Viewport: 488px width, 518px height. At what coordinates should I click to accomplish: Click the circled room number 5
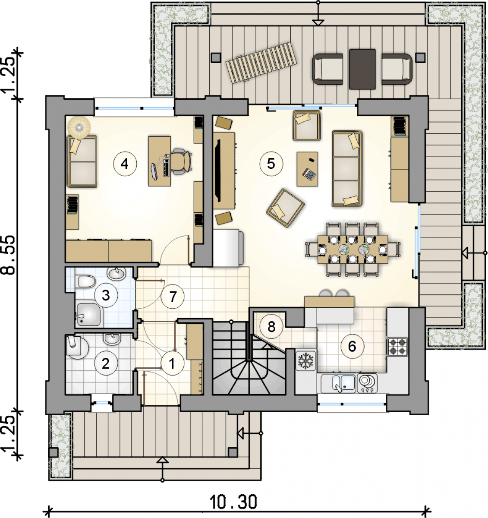[x=271, y=164]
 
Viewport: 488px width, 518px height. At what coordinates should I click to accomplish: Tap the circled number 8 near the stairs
[x=271, y=326]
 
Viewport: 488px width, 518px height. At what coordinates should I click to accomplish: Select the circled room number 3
[x=106, y=296]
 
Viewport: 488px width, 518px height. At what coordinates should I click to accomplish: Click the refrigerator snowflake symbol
[x=306, y=361]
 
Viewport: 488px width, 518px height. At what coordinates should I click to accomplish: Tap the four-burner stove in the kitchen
[x=397, y=347]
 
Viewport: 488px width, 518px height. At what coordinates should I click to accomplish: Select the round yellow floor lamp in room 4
[x=79, y=127]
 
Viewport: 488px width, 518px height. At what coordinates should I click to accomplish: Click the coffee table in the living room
[x=307, y=169]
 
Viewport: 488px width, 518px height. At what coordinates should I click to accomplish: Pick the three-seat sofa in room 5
[x=347, y=169]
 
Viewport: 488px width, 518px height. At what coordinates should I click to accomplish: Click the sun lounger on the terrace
[x=261, y=63]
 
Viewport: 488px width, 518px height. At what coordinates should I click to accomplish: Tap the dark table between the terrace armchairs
[x=362, y=69]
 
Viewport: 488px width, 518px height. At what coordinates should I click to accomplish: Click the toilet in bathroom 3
[x=86, y=281]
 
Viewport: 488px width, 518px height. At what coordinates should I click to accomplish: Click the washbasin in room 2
[x=112, y=339]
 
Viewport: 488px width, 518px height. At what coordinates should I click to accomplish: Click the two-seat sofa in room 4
[x=82, y=161]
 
